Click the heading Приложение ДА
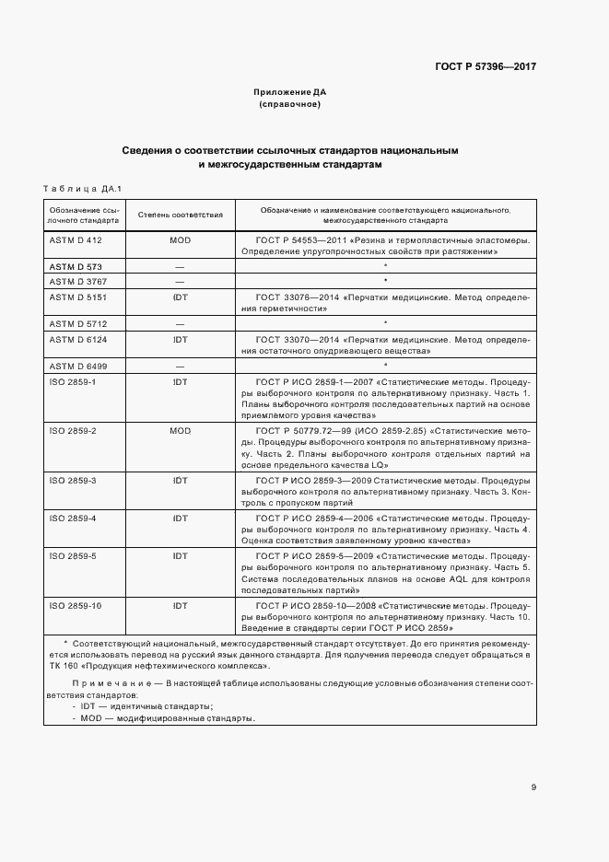click(x=290, y=92)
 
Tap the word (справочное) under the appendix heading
click(x=289, y=105)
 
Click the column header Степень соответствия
click(x=180, y=215)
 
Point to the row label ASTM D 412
click(x=75, y=239)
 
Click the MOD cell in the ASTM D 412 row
click(x=180, y=239)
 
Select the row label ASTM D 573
click(x=75, y=265)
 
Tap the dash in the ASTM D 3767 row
click(x=180, y=281)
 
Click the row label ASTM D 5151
click(x=76, y=297)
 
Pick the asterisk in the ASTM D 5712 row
click(x=384, y=322)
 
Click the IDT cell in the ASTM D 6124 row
click(x=180, y=339)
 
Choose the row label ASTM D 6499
click(x=76, y=366)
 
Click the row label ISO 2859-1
click(x=72, y=381)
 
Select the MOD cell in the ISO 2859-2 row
click(x=180, y=430)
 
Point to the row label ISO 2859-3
click(x=72, y=480)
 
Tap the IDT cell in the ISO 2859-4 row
click(x=180, y=518)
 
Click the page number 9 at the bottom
click(x=533, y=786)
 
